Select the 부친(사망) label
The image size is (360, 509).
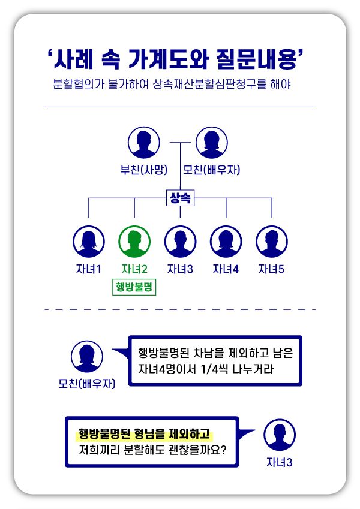click(x=143, y=170)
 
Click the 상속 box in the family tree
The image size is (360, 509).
click(x=180, y=198)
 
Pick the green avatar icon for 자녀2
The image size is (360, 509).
click(x=134, y=241)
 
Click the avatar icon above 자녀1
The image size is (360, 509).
click(x=89, y=241)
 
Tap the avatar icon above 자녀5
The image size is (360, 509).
click(x=272, y=241)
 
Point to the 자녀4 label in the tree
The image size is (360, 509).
click(x=226, y=269)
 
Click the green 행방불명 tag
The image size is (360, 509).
click(x=134, y=288)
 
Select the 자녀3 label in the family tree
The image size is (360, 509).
click(x=180, y=269)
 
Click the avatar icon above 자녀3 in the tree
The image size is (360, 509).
click(x=180, y=241)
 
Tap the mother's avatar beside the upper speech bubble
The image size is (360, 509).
click(x=87, y=357)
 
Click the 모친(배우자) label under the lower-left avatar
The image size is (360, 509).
click(x=87, y=384)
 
